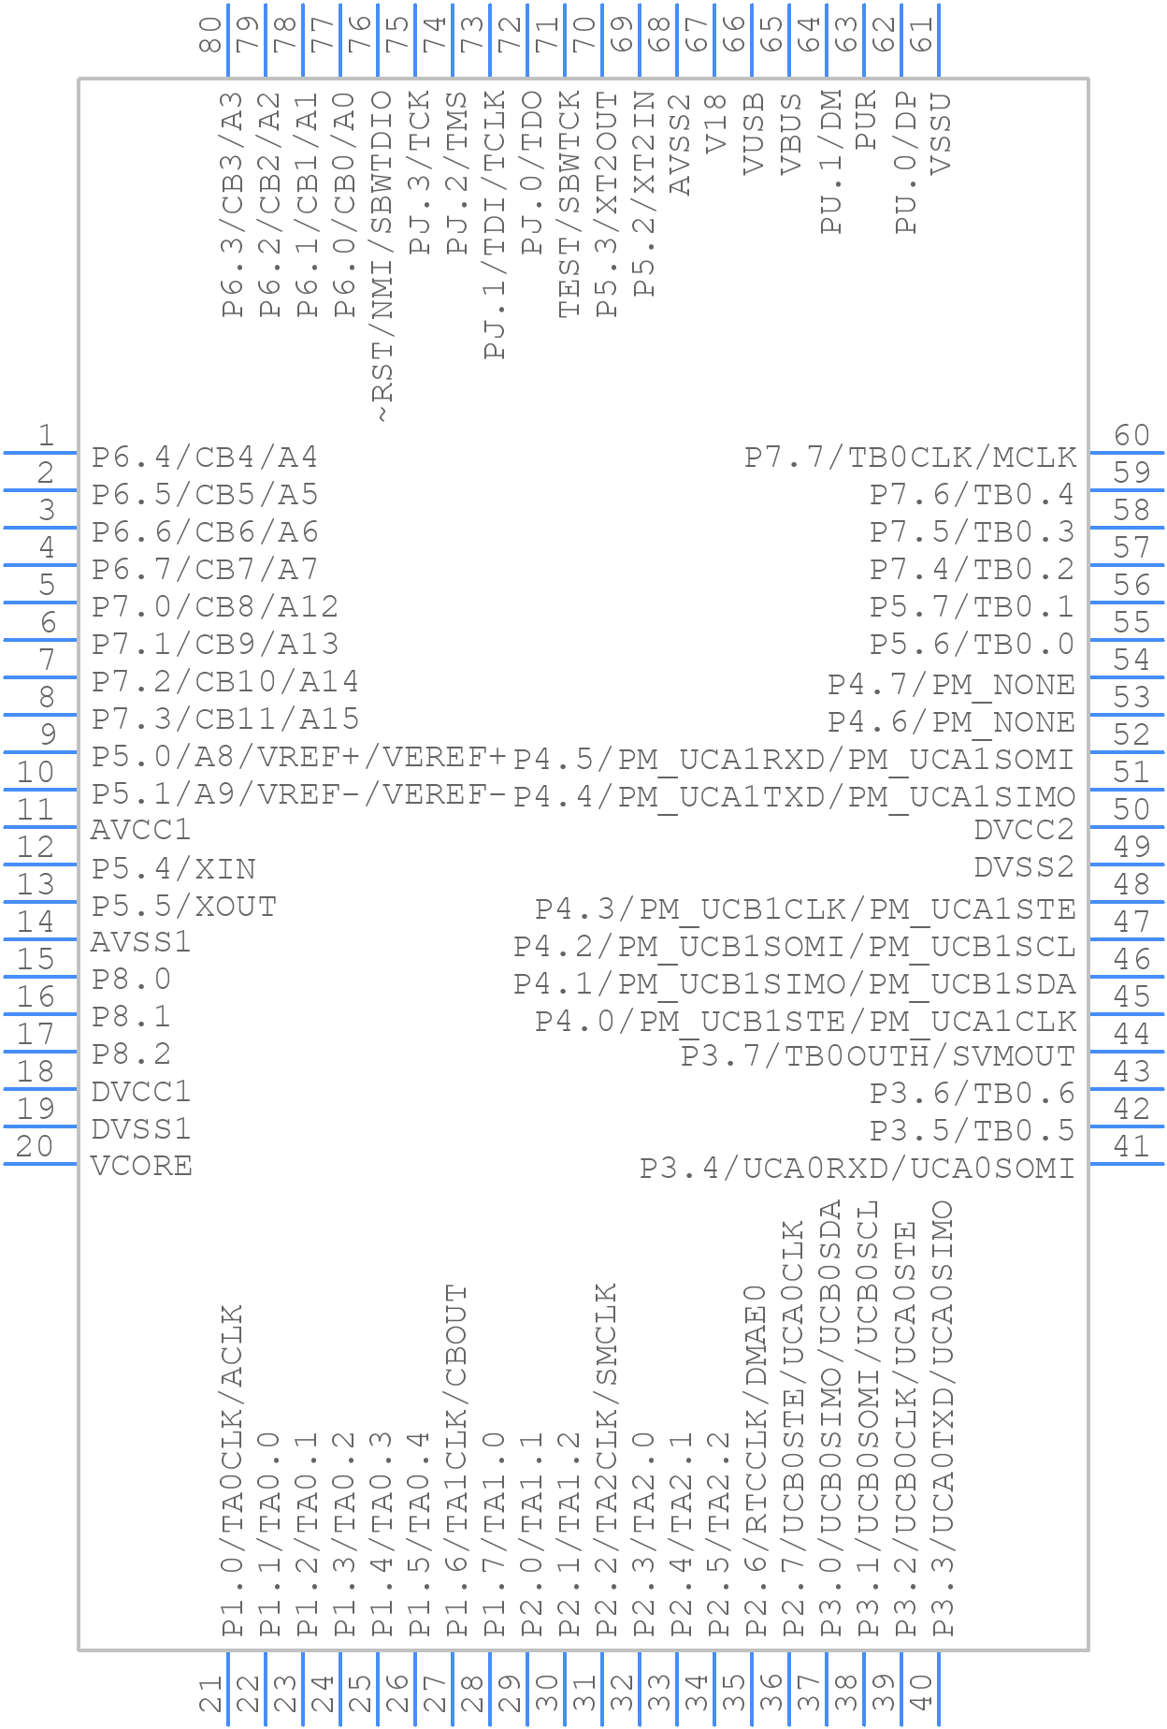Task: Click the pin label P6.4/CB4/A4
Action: point(205,458)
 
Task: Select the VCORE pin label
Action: point(141,1166)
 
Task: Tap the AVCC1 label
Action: point(140,829)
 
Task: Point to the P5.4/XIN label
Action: point(174,869)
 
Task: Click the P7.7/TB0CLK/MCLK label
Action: point(911,458)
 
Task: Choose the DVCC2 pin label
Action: point(1025,829)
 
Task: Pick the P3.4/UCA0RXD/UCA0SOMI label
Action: point(857,1168)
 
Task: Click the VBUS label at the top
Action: point(791,134)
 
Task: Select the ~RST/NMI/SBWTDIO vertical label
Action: point(382,257)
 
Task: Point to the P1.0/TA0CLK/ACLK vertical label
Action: point(232,1471)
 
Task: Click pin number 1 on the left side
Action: point(45,435)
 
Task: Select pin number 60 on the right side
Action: point(1131,435)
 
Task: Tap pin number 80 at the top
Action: point(212,35)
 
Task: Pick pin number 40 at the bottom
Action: point(921,1693)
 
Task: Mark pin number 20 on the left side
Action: point(36,1146)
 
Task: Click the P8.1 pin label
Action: point(132,1016)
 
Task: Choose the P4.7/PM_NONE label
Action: point(952,685)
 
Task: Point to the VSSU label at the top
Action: point(941,134)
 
